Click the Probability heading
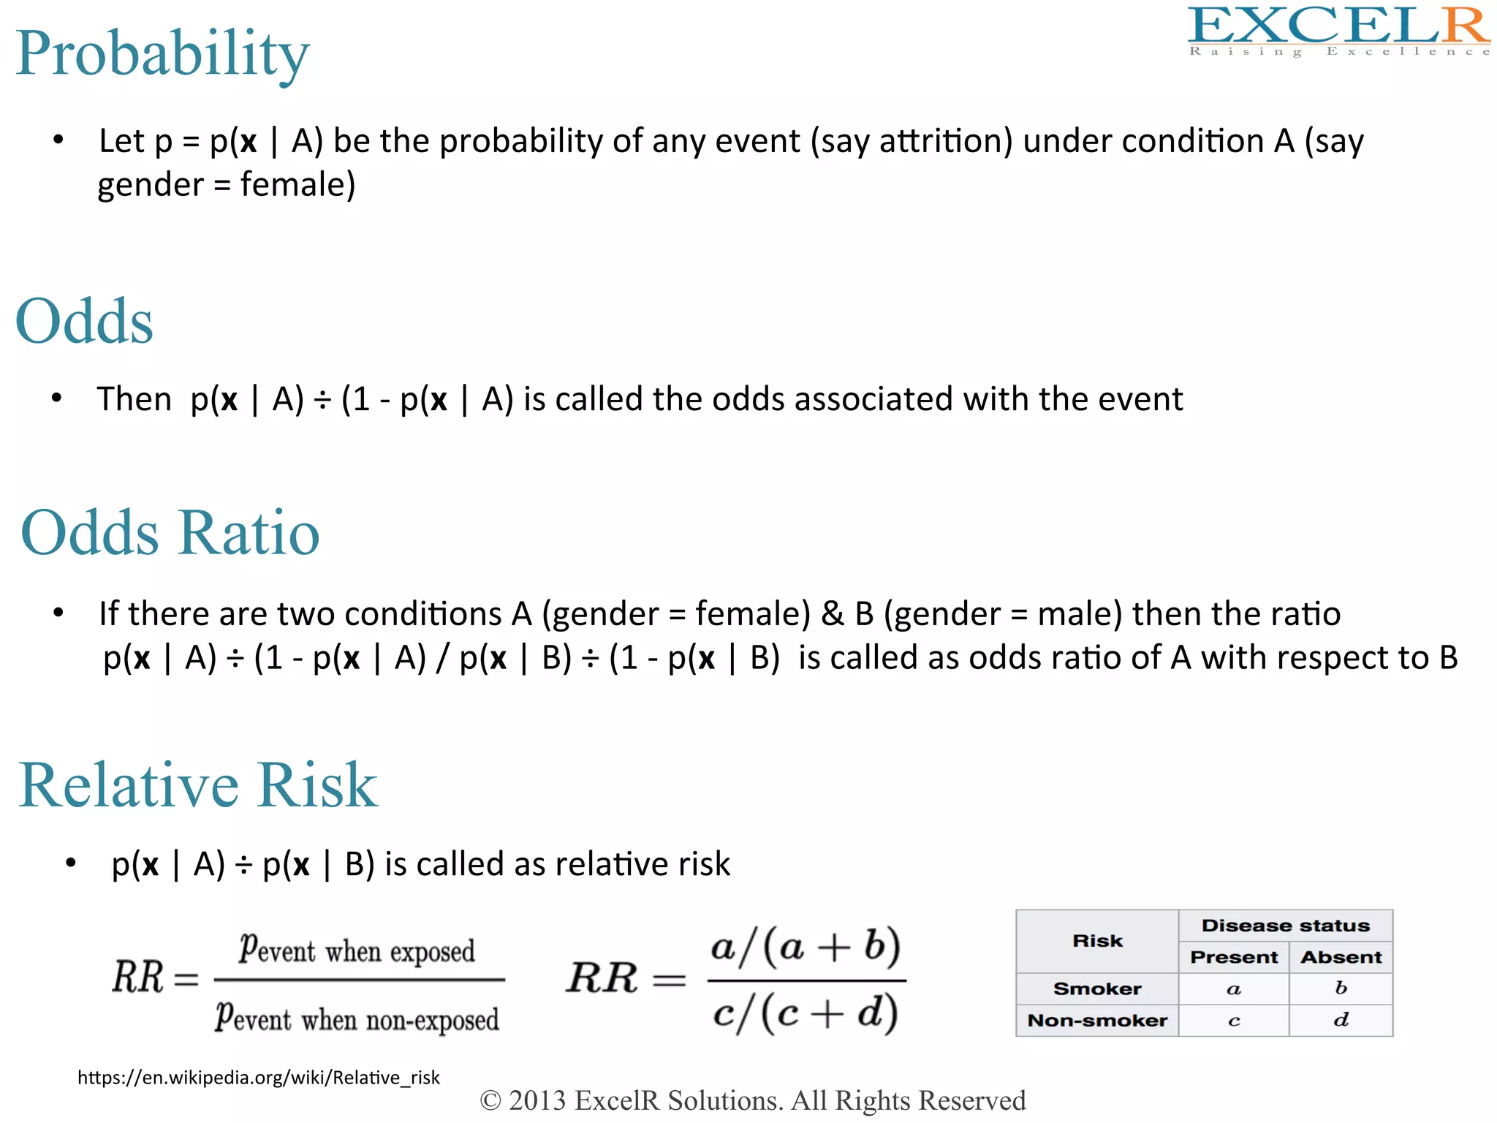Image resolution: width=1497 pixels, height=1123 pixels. [x=162, y=54]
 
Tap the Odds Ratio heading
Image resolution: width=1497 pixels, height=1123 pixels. [x=170, y=533]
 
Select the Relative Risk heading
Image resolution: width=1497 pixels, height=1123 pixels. [x=197, y=785]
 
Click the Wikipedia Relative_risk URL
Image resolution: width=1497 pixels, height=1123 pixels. [x=258, y=1077]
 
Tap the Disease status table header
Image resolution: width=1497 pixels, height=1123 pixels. [x=1285, y=926]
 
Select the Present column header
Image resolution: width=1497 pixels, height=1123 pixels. [x=1233, y=957]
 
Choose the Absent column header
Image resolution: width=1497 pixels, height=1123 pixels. [x=1341, y=957]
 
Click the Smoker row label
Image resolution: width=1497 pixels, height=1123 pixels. [x=1096, y=988]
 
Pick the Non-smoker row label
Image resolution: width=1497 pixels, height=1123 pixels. [x=1096, y=1020]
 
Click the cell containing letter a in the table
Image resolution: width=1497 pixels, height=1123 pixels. [x=1233, y=989]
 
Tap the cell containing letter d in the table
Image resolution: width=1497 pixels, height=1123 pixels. [x=1341, y=1020]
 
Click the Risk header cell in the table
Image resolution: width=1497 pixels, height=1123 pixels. [x=1096, y=941]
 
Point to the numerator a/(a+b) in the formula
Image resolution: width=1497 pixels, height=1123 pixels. [x=806, y=948]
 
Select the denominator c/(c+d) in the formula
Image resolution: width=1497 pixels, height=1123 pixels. [x=806, y=1013]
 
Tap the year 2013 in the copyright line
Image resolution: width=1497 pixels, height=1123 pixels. [x=537, y=1100]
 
